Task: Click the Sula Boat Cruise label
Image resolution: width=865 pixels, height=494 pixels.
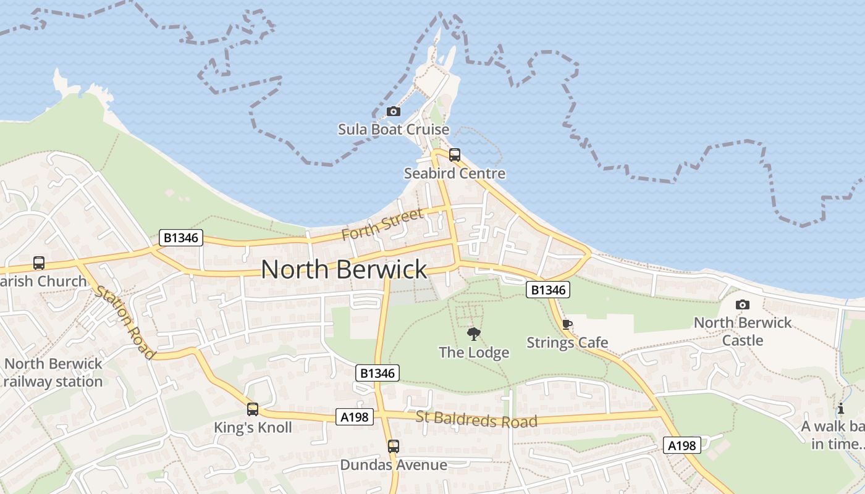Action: pos(393,130)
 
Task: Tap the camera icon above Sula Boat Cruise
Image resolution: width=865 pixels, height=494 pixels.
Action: pos(393,111)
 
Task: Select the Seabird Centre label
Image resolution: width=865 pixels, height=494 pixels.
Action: pos(454,174)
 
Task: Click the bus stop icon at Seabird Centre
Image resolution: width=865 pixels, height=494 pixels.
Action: pos(455,155)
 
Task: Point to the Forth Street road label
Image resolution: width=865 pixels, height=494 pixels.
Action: pos(382,224)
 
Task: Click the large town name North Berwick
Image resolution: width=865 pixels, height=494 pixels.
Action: pos(344,269)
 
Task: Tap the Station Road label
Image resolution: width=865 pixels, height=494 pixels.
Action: pos(124,322)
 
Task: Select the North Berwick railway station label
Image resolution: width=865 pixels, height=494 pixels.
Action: pos(53,372)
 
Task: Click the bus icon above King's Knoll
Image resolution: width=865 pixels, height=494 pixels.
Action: pos(253,409)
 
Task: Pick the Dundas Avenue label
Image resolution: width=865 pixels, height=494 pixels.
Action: pos(394,464)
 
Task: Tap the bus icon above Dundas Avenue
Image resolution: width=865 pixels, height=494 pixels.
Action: pos(394,446)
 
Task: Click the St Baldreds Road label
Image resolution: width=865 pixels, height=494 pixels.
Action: pos(476,419)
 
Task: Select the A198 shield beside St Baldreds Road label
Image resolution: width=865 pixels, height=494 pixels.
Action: pos(355,417)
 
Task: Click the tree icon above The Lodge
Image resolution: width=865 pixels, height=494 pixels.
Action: pos(474,334)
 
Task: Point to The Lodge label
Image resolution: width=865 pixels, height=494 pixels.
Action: pos(474,353)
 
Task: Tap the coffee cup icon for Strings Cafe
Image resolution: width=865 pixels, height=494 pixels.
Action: pos(567,325)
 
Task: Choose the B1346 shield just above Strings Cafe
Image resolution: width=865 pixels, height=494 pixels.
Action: pos(548,289)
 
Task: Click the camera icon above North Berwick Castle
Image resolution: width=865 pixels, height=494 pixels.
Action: pos(743,304)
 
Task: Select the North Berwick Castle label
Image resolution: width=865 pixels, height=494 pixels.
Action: pos(743,332)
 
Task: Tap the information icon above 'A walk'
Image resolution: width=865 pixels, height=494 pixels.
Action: pos(840,408)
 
